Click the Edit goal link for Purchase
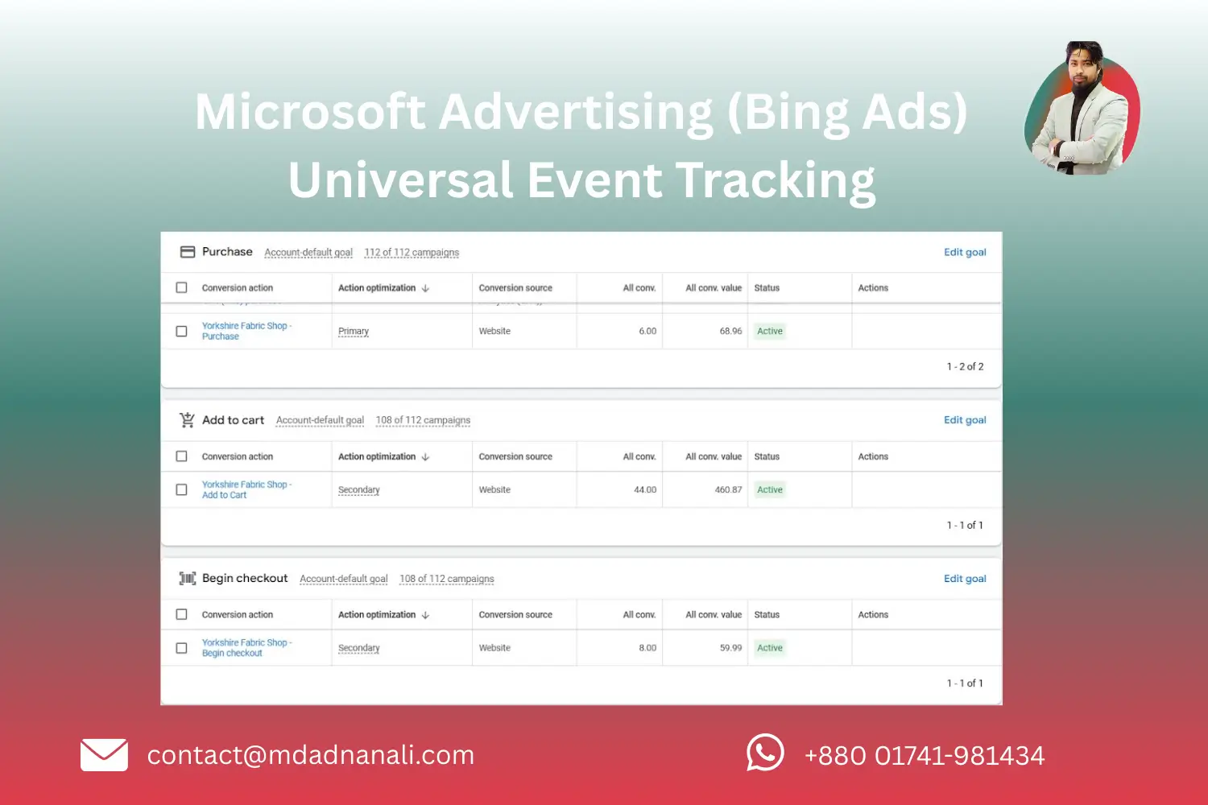[x=965, y=252]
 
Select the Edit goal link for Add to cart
[x=965, y=420]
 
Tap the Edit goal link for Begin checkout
[x=965, y=579]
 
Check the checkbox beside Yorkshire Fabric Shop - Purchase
[x=182, y=332]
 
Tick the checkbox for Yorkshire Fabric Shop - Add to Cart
[x=182, y=489]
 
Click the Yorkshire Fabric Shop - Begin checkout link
[x=246, y=648]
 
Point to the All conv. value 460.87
[x=728, y=489]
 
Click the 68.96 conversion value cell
[x=730, y=332]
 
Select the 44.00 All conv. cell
[x=645, y=489]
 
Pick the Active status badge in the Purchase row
[x=770, y=332]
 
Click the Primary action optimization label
[x=354, y=332]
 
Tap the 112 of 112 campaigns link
[x=412, y=253]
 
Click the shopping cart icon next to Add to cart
[x=188, y=420]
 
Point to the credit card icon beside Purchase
[x=188, y=252]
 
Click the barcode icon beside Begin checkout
[x=188, y=579]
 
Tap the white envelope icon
[x=105, y=755]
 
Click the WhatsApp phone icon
[x=765, y=753]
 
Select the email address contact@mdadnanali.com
[x=311, y=755]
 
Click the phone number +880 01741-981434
[x=925, y=756]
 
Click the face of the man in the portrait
[x=1083, y=67]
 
